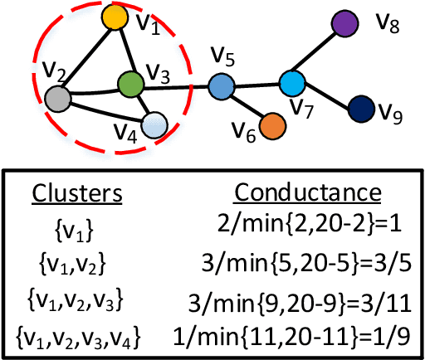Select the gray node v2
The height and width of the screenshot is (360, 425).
click(x=57, y=99)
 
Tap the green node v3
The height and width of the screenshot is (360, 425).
click(x=130, y=83)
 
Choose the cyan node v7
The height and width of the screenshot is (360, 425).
click(x=291, y=82)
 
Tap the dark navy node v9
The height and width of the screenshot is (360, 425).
click(x=359, y=109)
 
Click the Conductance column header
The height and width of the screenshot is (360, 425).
click(x=307, y=193)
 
